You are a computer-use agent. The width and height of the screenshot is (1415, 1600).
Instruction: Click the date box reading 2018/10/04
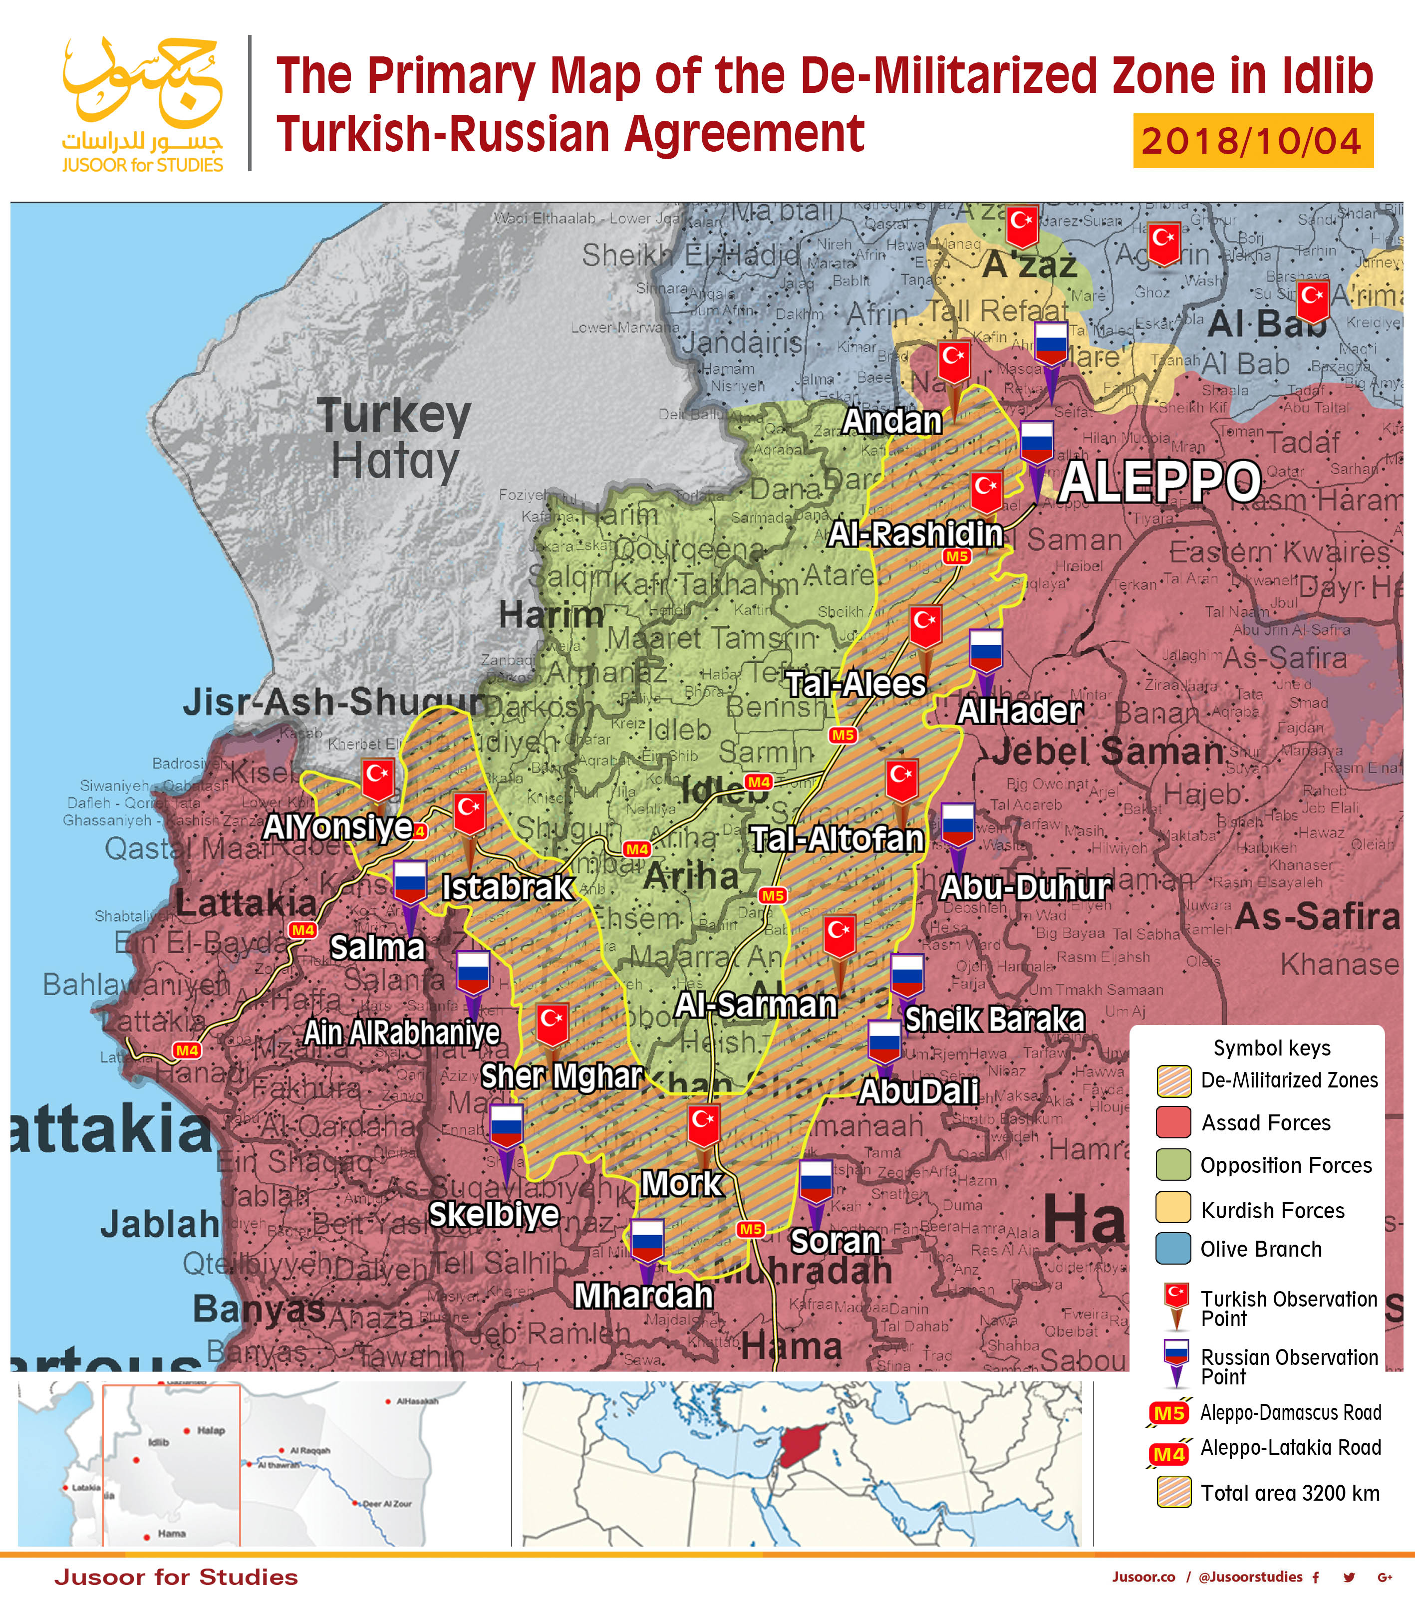point(1252,141)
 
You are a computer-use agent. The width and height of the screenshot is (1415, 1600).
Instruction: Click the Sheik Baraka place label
point(995,1019)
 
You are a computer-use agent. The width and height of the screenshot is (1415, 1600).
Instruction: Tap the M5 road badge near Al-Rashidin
point(957,556)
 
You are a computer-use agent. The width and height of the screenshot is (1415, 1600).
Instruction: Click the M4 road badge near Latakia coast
point(186,1051)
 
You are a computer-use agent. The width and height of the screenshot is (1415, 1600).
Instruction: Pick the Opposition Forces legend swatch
point(1172,1165)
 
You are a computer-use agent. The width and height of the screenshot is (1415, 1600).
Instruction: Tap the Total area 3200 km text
point(1290,1493)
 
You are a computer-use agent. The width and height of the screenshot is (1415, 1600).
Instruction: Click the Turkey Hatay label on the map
point(394,438)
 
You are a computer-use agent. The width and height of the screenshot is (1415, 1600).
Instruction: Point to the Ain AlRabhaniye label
point(401,1033)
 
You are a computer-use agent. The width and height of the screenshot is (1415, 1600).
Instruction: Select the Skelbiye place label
point(494,1214)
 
